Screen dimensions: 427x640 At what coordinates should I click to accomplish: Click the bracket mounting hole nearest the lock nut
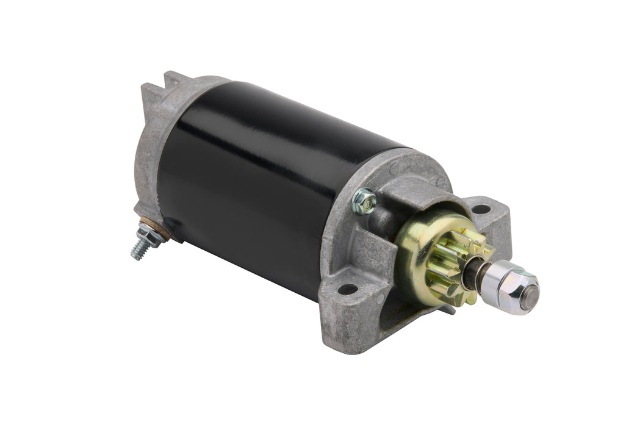click(x=481, y=209)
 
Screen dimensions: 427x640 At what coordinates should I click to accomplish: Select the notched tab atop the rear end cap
click(x=173, y=80)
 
